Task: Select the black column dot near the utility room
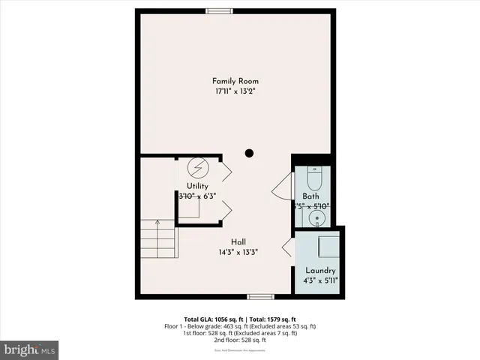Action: click(249, 154)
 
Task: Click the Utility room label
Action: click(198, 186)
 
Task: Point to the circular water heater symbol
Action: click(198, 166)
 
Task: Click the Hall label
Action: click(239, 241)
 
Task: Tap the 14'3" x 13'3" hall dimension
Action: click(239, 252)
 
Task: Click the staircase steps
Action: click(157, 238)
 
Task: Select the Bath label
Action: click(310, 196)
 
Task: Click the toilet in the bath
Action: click(315, 180)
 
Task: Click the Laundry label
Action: click(320, 270)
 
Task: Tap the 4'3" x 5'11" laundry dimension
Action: click(320, 280)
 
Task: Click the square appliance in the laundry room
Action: click(328, 246)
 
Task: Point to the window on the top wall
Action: click(219, 10)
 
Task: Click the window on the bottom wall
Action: click(259, 297)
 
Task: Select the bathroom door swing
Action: click(283, 187)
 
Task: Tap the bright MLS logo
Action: click(30, 349)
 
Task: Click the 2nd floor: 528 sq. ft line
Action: click(240, 340)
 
